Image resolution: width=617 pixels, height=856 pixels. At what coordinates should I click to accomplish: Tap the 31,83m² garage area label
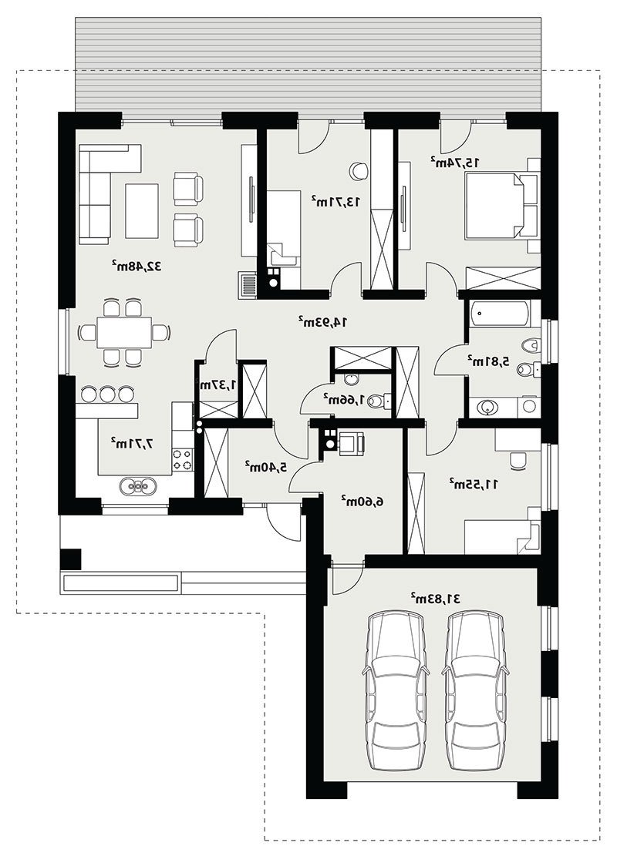point(436,598)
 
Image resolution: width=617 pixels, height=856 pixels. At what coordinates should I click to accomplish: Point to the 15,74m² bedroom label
point(455,162)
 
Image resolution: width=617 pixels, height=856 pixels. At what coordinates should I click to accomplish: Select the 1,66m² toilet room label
point(340,400)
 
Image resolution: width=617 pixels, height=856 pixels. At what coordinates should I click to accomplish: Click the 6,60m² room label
point(360,500)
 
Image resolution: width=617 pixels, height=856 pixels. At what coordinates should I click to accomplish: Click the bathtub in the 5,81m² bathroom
point(499,314)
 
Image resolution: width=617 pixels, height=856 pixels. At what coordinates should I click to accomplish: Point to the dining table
point(124,333)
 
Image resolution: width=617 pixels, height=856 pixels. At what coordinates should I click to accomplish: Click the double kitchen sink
point(138,485)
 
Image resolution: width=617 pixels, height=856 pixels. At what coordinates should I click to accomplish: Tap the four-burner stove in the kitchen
point(183,459)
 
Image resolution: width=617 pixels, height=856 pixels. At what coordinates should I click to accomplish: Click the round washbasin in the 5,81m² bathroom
point(487,407)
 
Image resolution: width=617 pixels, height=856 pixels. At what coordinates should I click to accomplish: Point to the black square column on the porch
point(71,559)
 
